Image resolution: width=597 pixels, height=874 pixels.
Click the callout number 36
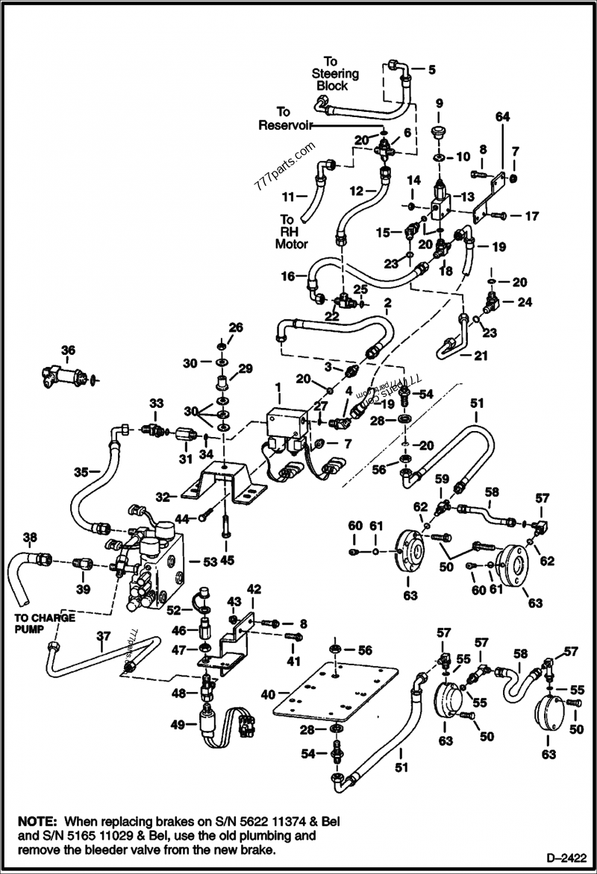[x=68, y=350]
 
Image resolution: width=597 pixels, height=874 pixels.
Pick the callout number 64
[x=502, y=116]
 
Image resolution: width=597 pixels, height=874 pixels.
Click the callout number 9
[x=439, y=102]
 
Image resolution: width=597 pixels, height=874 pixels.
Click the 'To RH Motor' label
[x=291, y=231]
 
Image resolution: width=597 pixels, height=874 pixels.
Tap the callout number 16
[x=287, y=276]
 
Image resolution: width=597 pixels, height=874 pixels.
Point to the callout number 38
[x=29, y=536]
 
